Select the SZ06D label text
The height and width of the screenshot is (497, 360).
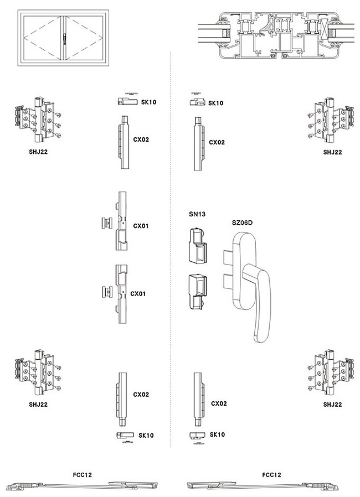[242, 222]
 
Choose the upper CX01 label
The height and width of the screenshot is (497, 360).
[141, 226]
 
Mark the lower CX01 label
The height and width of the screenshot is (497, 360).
[138, 294]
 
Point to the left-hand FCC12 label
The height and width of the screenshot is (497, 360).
[82, 475]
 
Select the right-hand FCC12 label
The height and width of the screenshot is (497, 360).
[272, 475]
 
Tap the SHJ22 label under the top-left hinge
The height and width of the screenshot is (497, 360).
[38, 152]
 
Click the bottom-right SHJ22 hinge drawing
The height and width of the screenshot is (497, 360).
[331, 371]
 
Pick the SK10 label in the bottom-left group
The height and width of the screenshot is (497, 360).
[146, 436]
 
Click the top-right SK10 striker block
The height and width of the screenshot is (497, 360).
[197, 101]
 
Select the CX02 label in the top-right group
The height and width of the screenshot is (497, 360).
[217, 142]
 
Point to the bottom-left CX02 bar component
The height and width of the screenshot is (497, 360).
[122, 395]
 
